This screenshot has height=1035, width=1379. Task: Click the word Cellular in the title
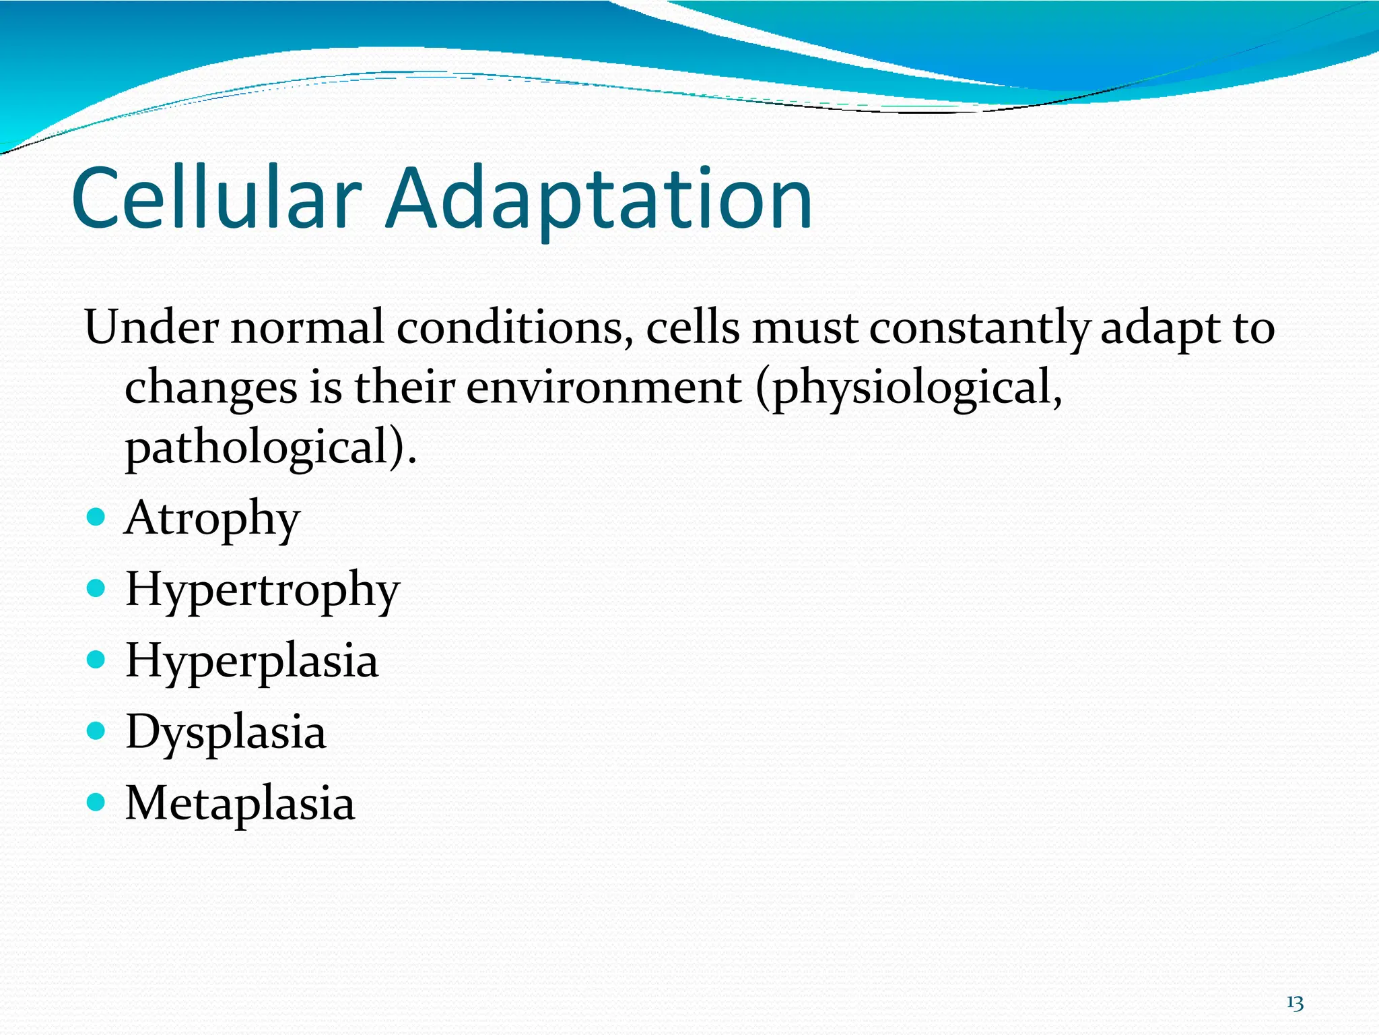coord(215,199)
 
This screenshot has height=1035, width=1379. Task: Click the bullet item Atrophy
coord(212,519)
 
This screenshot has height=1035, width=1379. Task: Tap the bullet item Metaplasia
coord(240,804)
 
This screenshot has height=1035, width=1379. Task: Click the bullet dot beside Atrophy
coord(96,517)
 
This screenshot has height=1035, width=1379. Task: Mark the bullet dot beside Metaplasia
coord(96,802)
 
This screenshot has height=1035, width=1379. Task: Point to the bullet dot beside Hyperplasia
coord(96,660)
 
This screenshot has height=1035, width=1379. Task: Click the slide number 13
coord(1294,1003)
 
